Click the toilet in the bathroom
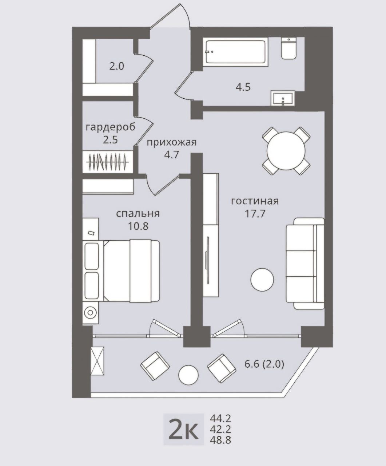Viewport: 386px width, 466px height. tap(288, 48)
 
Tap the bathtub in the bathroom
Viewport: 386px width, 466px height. tap(236, 52)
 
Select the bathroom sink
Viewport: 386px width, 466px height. tap(283, 98)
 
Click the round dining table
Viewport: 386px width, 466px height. tap(286, 151)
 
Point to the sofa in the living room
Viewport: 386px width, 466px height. tap(305, 263)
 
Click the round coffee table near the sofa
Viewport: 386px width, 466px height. tap(262, 280)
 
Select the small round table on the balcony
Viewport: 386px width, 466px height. tap(188, 375)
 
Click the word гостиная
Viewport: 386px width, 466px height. tap(255, 201)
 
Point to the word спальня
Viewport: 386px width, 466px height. tap(138, 214)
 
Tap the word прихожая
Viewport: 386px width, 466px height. tap(171, 142)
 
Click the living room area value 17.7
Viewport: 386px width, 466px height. tap(255, 214)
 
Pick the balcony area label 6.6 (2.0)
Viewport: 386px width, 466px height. tap(264, 364)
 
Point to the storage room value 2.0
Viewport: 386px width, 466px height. tap(117, 67)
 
